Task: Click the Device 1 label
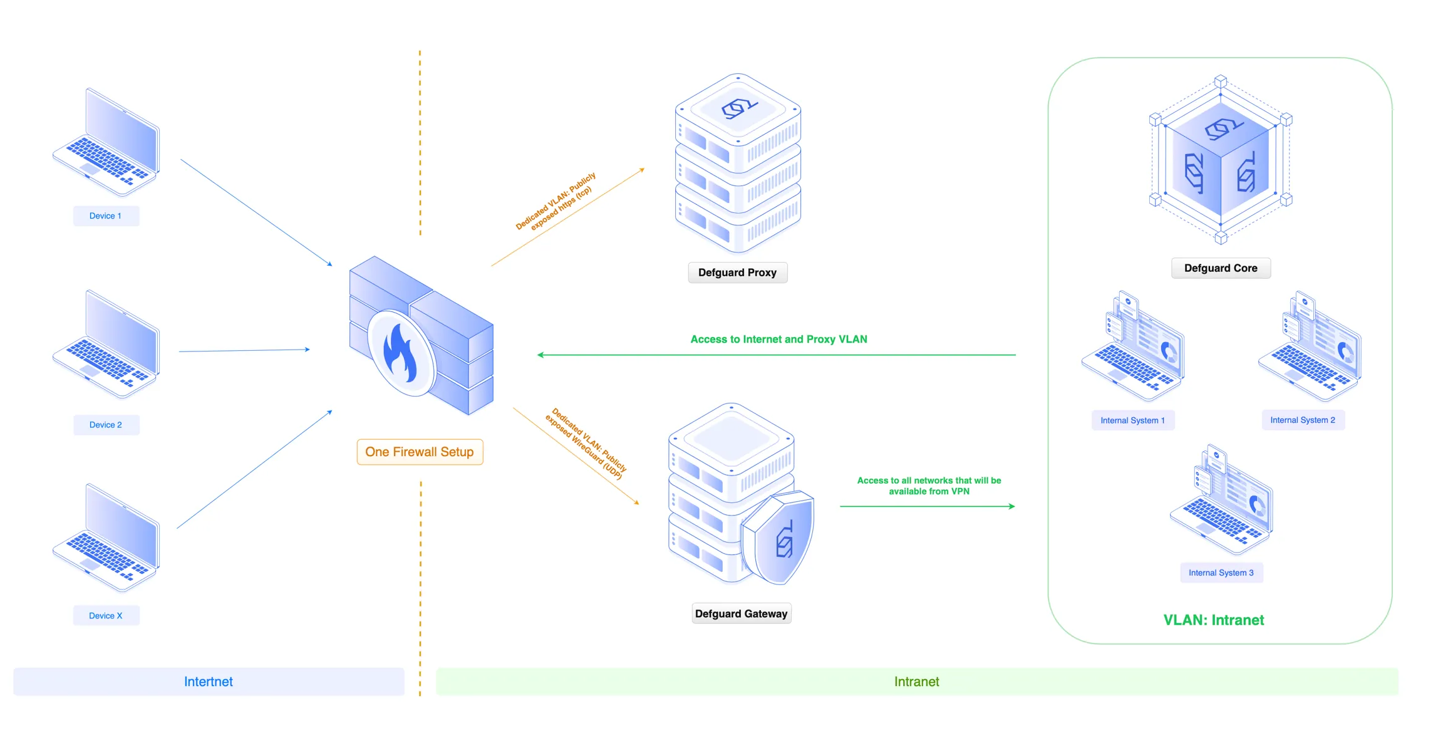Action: coord(105,216)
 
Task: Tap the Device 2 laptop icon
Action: coord(106,344)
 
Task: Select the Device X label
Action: coord(105,615)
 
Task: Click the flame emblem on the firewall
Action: coord(400,354)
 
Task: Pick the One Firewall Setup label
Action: coord(419,452)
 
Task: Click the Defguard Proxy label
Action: coord(737,273)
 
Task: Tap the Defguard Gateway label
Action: coord(741,613)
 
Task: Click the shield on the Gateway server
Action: coord(781,538)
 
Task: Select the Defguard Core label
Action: coord(1220,268)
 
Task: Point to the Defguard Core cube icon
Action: coord(1220,160)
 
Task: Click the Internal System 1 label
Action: coord(1132,420)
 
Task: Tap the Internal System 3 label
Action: coord(1221,573)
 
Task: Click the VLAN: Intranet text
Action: coord(1213,620)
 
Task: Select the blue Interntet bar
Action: coord(209,682)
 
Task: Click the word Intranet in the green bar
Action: coord(916,682)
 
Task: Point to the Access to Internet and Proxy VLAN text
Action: coord(778,339)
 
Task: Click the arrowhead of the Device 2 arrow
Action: coord(308,350)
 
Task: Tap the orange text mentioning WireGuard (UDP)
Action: coord(585,444)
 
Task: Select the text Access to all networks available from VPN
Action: coord(929,486)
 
